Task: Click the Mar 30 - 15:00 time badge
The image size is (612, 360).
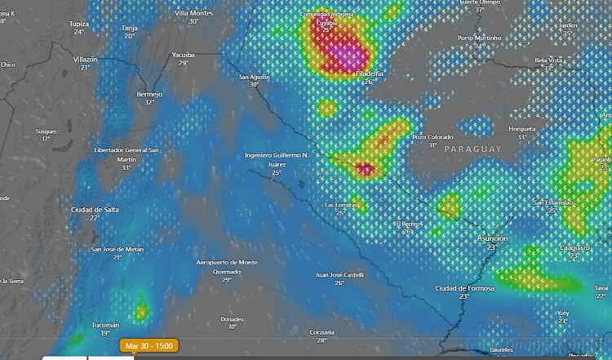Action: (x=149, y=346)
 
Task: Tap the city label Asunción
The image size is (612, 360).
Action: (x=491, y=238)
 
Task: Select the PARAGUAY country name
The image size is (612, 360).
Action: (x=472, y=149)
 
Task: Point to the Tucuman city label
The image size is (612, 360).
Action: (x=105, y=324)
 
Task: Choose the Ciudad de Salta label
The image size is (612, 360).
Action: (x=95, y=210)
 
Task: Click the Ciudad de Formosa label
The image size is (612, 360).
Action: (x=463, y=288)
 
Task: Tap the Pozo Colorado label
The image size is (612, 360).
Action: (x=432, y=137)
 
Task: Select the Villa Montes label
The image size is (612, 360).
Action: (x=193, y=13)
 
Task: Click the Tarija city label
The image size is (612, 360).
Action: (x=129, y=28)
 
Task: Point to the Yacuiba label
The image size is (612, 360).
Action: (x=183, y=54)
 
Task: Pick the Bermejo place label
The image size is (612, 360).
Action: (x=149, y=94)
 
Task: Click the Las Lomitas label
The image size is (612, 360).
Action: (x=341, y=204)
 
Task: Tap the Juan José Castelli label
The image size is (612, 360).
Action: (x=339, y=274)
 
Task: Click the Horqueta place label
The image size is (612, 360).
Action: (x=521, y=128)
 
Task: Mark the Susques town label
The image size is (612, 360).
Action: (x=47, y=131)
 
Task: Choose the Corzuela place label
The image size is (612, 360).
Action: (x=322, y=331)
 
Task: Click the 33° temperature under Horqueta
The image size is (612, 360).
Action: (x=521, y=136)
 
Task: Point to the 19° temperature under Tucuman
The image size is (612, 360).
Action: (x=105, y=333)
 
